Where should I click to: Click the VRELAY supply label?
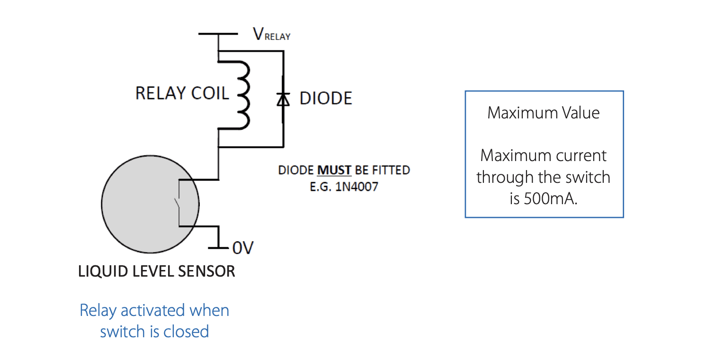(272, 34)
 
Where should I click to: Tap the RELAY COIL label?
(182, 93)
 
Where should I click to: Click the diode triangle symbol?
(283, 99)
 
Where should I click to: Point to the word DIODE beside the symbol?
(326, 98)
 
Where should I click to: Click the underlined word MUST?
(334, 170)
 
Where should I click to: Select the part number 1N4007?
(357, 187)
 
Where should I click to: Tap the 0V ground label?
(243, 248)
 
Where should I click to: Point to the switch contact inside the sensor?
(177, 203)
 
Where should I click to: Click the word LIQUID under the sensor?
(103, 271)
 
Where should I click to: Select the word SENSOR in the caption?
(206, 271)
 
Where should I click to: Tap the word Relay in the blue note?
(98, 310)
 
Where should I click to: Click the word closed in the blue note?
(187, 332)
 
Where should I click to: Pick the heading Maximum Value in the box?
(544, 113)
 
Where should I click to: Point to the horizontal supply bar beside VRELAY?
(218, 34)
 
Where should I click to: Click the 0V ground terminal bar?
(218, 248)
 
